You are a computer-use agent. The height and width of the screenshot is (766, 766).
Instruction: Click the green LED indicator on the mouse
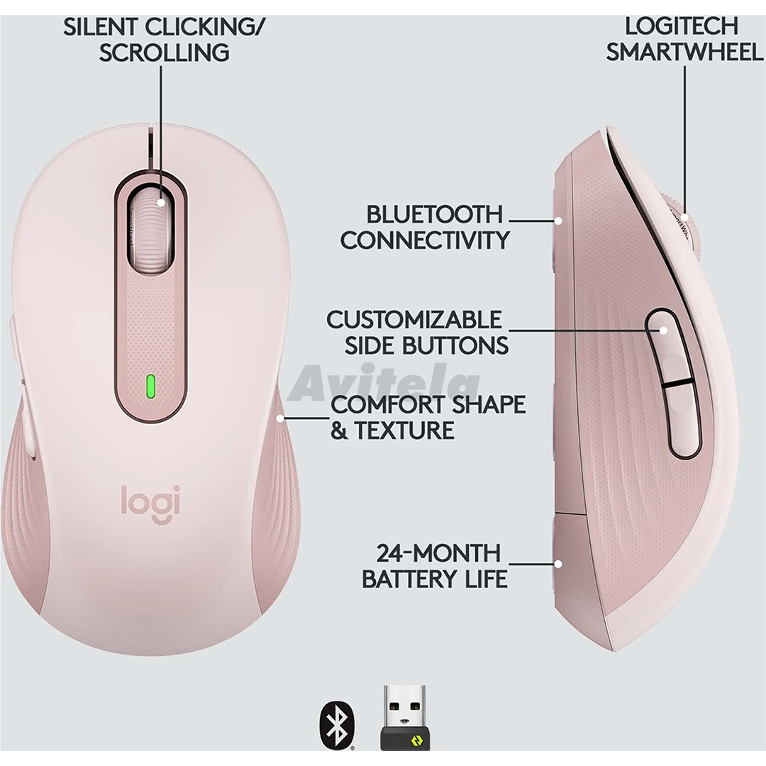[151, 387]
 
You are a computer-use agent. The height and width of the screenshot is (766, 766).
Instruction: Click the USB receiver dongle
[406, 717]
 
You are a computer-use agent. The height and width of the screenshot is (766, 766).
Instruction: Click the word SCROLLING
[164, 52]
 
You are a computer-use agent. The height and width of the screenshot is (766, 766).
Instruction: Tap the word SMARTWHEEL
[684, 52]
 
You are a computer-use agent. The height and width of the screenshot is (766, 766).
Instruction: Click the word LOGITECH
[682, 26]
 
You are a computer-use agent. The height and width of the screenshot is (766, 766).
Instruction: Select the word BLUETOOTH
[434, 214]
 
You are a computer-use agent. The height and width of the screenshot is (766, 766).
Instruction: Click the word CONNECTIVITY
[425, 240]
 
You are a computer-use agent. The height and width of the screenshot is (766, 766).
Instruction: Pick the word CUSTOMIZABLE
[413, 320]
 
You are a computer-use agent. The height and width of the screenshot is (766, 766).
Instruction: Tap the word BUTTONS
[455, 346]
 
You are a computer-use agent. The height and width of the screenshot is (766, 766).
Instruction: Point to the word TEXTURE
[404, 431]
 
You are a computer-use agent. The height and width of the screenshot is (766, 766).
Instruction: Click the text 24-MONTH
[439, 553]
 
